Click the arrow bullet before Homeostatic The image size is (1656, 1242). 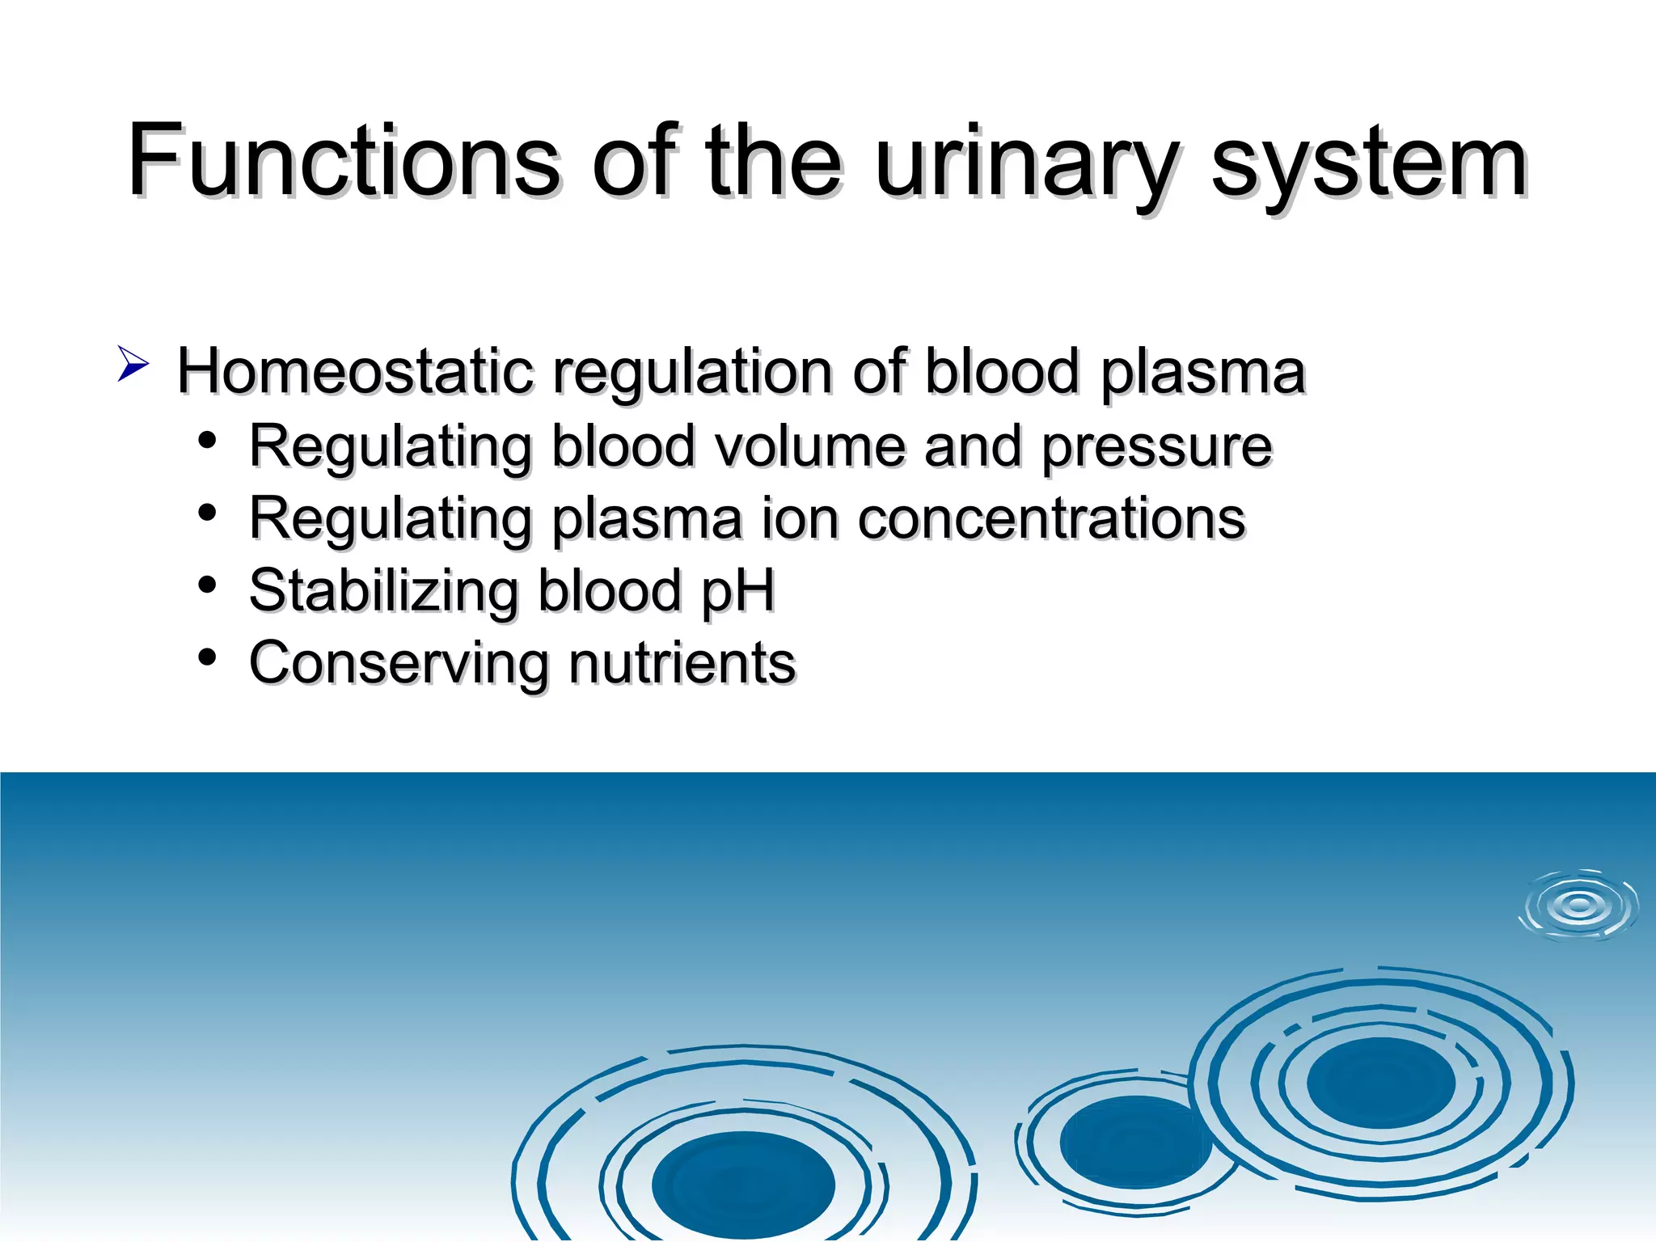pyautogui.click(x=133, y=363)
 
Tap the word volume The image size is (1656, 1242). pyautogui.click(x=809, y=446)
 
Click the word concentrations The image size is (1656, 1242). pyautogui.click(x=1051, y=519)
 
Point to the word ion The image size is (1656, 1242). pyautogui.click(x=800, y=519)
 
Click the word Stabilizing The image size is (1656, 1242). pyautogui.click(x=383, y=592)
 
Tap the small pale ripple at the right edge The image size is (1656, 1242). pyautogui.click(x=1578, y=906)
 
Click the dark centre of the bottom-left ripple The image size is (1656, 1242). pyautogui.click(x=742, y=1185)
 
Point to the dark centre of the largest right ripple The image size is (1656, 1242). pyautogui.click(x=1381, y=1084)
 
